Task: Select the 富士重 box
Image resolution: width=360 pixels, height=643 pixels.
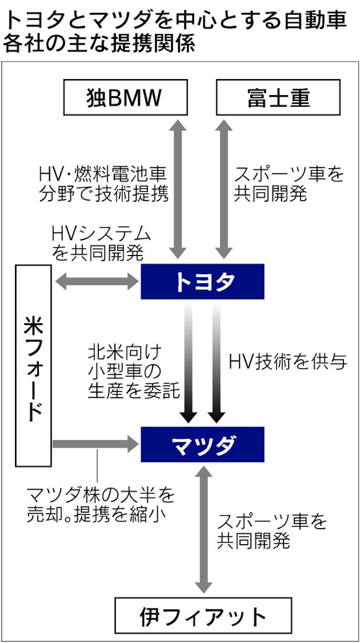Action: point(278,97)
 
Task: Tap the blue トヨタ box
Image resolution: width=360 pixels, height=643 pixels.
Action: point(203,282)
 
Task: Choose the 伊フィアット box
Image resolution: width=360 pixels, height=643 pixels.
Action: point(203,617)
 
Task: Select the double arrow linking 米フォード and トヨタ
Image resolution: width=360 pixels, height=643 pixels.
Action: point(97,281)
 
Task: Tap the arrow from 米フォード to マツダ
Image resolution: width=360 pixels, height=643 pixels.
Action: point(97,443)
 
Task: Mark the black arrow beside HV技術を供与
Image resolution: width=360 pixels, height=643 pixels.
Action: point(217,362)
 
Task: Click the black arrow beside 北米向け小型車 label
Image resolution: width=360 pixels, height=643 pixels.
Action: point(189,362)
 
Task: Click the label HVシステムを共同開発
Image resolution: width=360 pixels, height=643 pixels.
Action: point(101,242)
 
